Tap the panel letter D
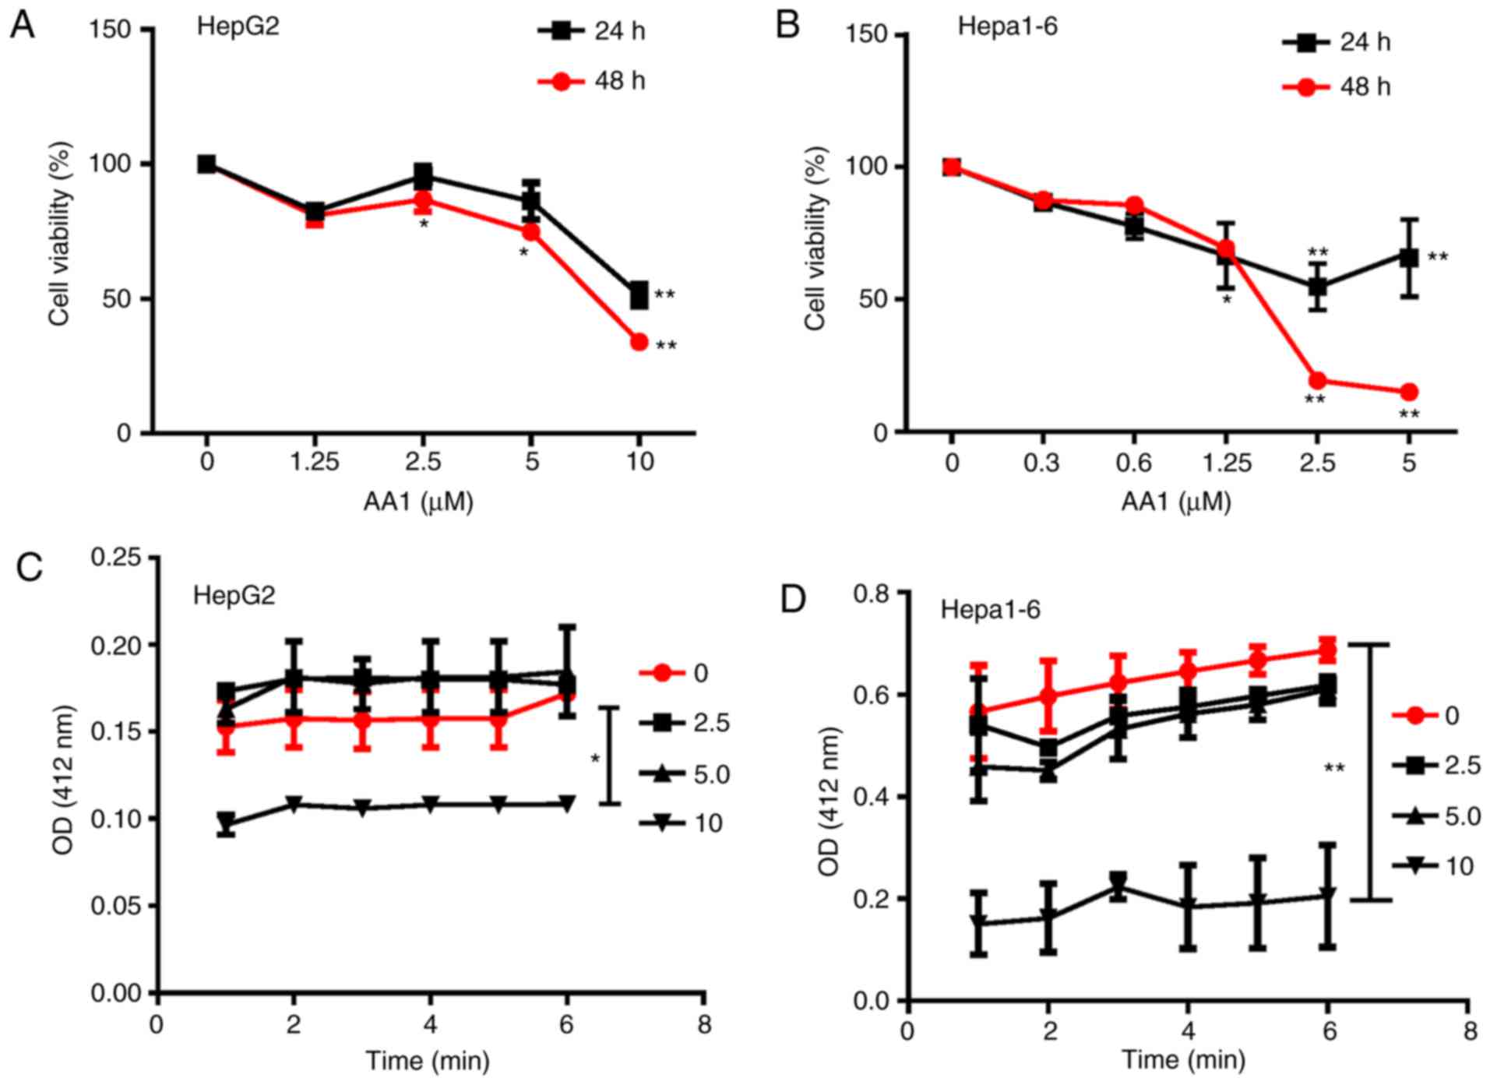[x=792, y=601]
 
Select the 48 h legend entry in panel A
[x=592, y=81]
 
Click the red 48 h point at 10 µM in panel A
[x=639, y=342]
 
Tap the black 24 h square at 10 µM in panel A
[x=639, y=295]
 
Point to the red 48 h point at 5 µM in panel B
[x=1408, y=392]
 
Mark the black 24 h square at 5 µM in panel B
[x=1408, y=257]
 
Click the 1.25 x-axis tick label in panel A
[x=315, y=463]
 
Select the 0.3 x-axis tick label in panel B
[x=1041, y=463]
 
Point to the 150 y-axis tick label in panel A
[x=111, y=30]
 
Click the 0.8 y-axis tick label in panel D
[x=872, y=594]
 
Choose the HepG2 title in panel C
[x=234, y=596]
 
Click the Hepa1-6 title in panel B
[x=1007, y=26]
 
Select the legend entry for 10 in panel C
[x=681, y=823]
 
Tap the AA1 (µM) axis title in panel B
[x=1175, y=502]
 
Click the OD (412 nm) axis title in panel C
[x=65, y=779]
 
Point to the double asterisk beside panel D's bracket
[x=1334, y=769]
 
